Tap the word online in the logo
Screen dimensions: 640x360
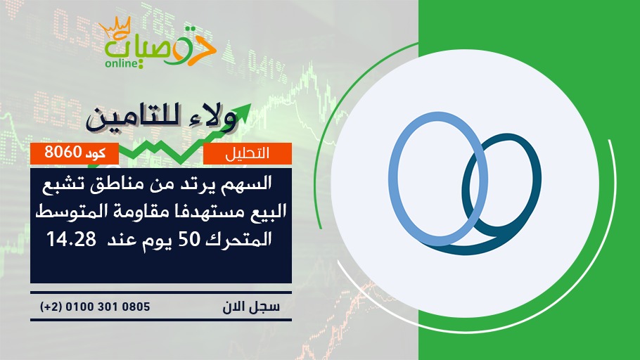120,64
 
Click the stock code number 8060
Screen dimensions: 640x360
63,152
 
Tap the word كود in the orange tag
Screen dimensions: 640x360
96,153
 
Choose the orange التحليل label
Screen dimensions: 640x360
248,153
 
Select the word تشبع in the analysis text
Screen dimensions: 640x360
61,186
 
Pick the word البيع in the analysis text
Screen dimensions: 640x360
267,212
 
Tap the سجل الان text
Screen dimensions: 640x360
251,307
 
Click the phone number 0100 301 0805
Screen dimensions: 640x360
108,307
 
